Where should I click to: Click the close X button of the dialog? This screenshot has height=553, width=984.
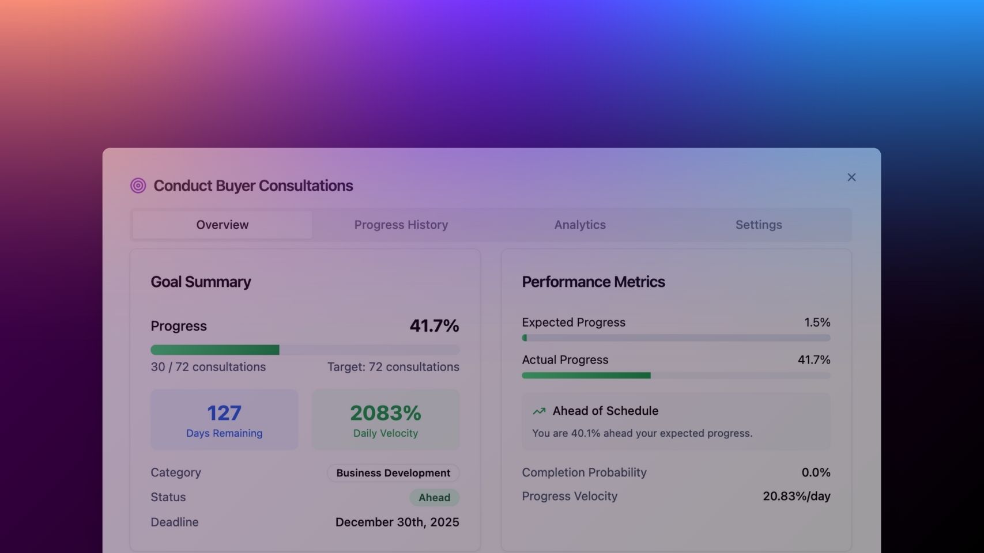coord(851,177)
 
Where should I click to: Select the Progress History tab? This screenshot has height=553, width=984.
coord(401,225)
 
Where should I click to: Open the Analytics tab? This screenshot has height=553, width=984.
coord(580,225)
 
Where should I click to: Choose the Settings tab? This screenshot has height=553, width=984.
coord(759,225)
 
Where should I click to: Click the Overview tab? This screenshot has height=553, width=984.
coord(223,225)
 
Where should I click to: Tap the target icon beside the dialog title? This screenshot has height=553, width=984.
coord(138,185)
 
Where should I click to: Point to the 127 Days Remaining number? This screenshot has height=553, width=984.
coord(224,413)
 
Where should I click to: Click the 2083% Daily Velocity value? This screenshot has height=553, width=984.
coord(386,413)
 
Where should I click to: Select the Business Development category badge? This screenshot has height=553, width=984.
coord(393,473)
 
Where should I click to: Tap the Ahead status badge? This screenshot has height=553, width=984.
coord(434,498)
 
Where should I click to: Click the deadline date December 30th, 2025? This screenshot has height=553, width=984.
coord(397,522)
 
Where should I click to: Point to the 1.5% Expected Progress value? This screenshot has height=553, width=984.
coord(817,323)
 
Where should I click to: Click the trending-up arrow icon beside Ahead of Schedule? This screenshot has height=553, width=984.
coord(539,411)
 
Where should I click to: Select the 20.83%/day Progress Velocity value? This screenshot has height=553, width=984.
coord(796,497)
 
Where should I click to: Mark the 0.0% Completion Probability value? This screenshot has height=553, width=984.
coord(816,473)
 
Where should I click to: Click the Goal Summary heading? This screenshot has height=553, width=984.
coord(201,282)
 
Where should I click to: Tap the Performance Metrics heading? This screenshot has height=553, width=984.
coord(593,282)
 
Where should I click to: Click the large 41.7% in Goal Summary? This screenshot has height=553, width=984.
coord(434,326)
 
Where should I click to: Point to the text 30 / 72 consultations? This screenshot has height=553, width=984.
coord(208,367)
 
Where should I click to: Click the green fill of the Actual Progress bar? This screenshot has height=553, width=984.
coord(586,376)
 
